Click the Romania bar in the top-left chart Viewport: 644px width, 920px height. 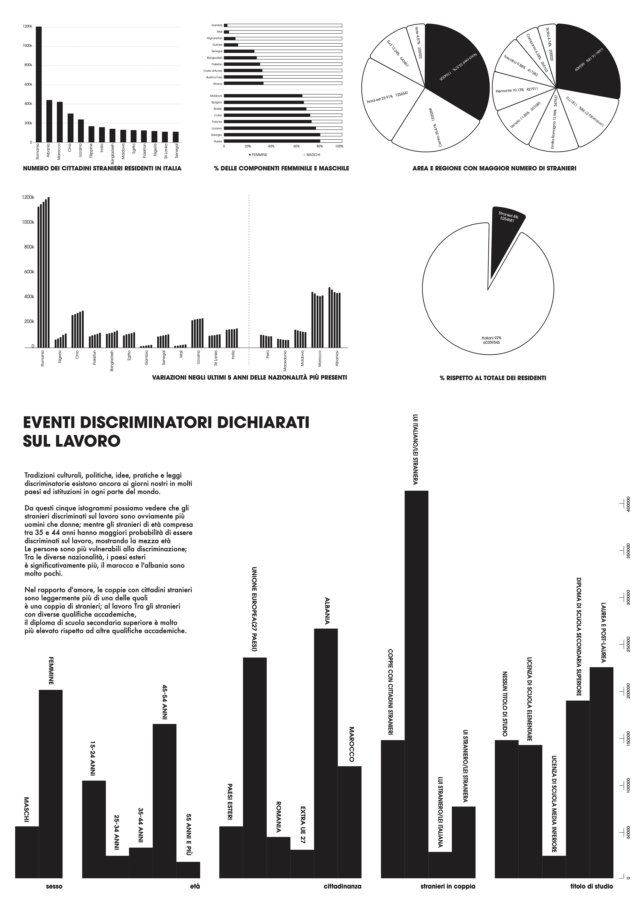point(39,84)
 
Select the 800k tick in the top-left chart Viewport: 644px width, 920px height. point(28,65)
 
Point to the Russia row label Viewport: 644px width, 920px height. point(218,141)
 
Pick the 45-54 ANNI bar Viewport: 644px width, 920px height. point(164,797)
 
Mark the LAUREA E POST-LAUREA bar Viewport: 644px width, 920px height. point(601,769)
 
